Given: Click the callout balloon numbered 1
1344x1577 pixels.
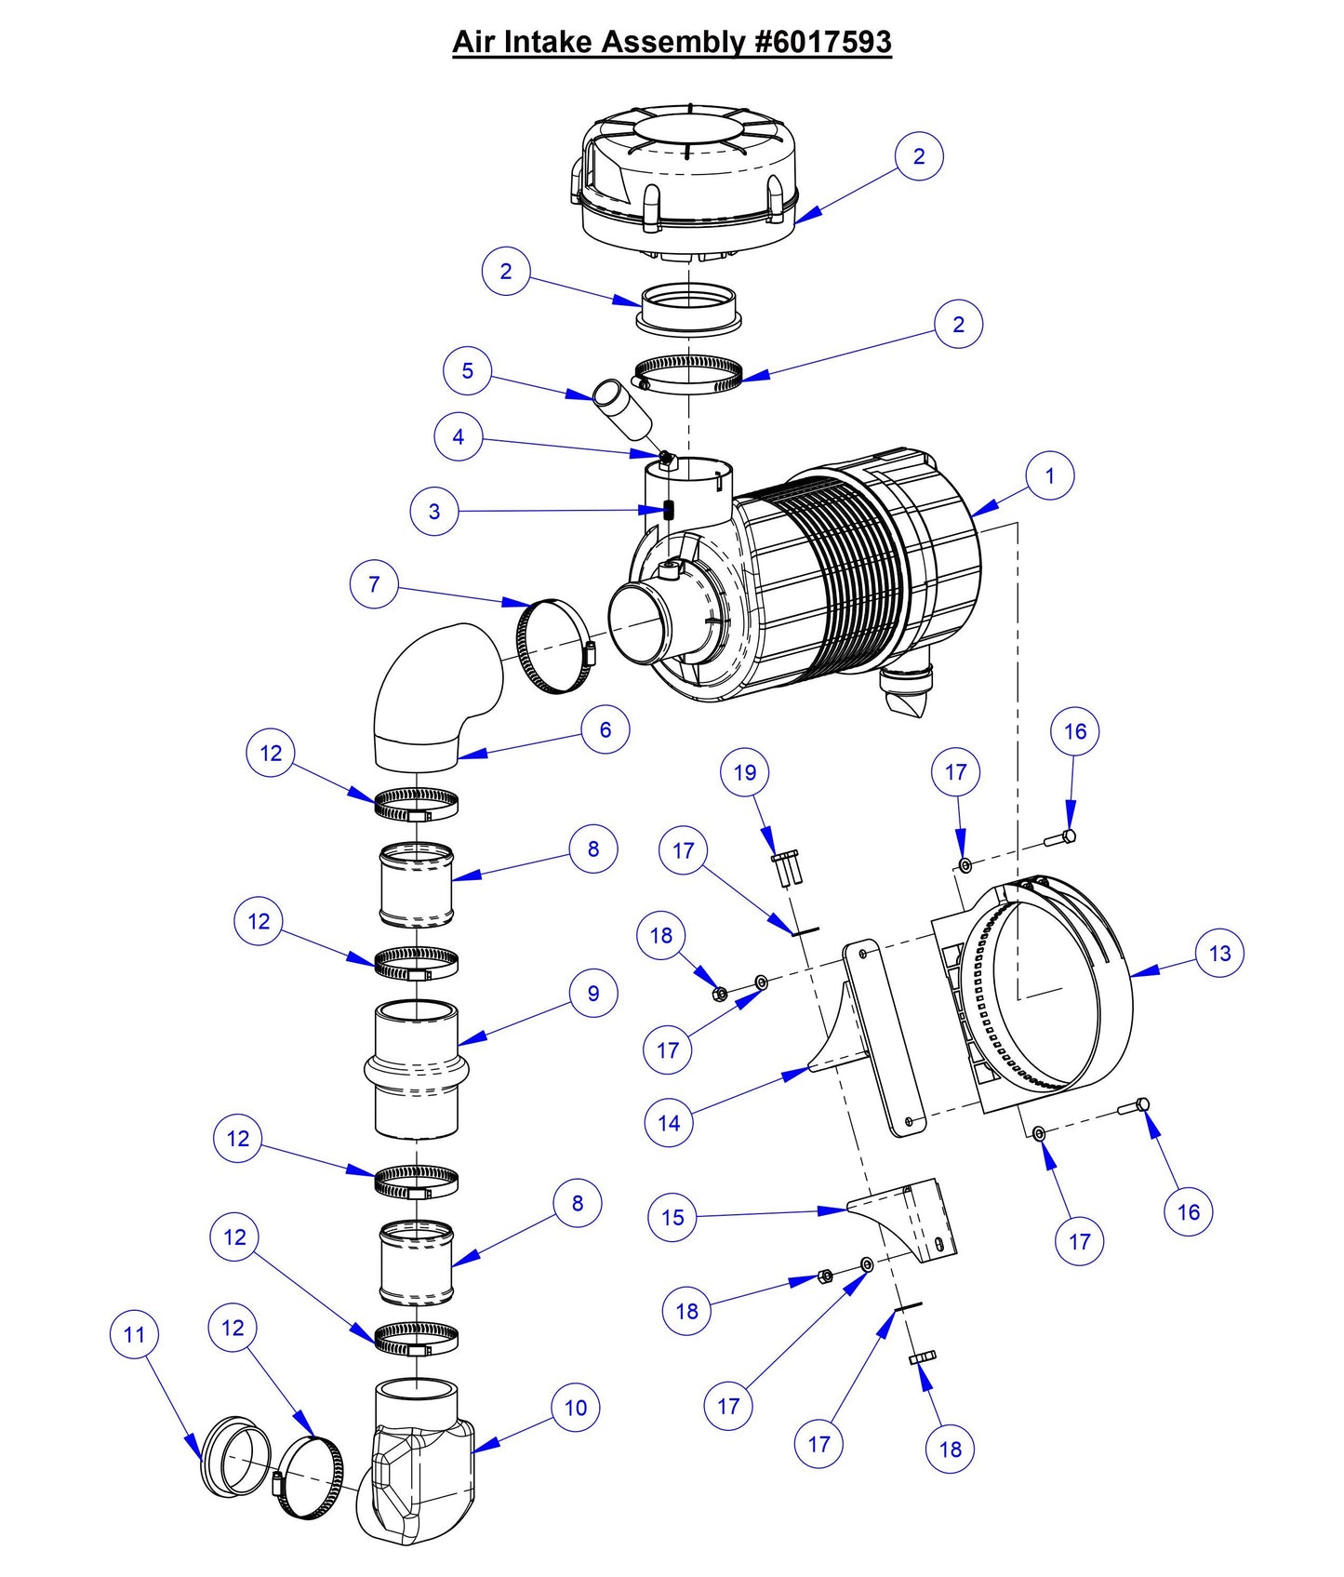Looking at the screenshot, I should click(x=1050, y=475).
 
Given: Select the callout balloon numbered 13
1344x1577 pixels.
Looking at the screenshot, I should click(x=1219, y=953).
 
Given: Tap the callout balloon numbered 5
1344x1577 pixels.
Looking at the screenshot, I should click(x=467, y=370).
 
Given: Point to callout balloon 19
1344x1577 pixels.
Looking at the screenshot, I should click(x=745, y=772).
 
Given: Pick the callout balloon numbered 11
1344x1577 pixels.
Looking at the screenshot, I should click(x=134, y=1334).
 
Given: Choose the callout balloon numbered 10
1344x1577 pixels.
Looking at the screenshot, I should click(x=576, y=1408).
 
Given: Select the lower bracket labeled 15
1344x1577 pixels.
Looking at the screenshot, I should click(x=907, y=1219).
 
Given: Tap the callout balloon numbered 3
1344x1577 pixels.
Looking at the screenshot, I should click(x=433, y=511).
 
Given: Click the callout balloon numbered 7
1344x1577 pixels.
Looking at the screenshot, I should click(x=374, y=584).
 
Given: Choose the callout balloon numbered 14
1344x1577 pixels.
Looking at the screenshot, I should click(x=669, y=1123).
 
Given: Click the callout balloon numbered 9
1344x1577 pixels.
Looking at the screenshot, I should click(x=593, y=993).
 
